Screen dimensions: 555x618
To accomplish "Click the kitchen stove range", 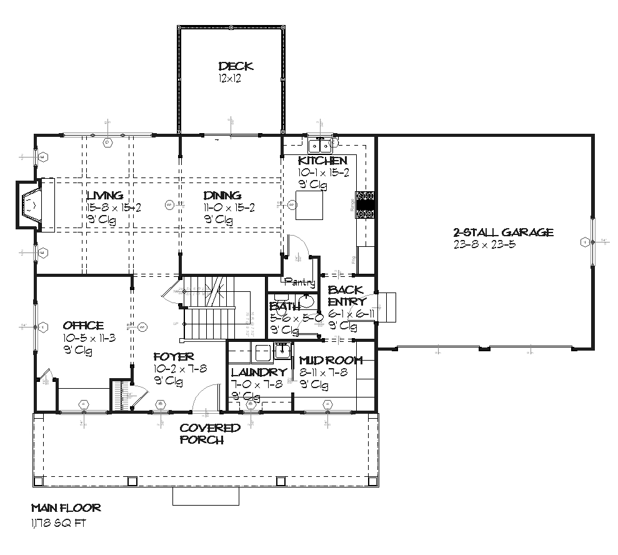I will [366, 204].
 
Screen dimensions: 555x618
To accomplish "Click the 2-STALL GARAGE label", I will [503, 232].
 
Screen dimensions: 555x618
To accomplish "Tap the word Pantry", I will [299, 282].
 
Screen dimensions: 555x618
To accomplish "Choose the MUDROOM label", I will [330, 361].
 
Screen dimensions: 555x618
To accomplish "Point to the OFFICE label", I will [83, 326].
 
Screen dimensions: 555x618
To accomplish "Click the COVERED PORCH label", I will [210, 433].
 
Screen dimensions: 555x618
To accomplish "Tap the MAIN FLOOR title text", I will [66, 508].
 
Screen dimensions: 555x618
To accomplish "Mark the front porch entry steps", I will [206, 496].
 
